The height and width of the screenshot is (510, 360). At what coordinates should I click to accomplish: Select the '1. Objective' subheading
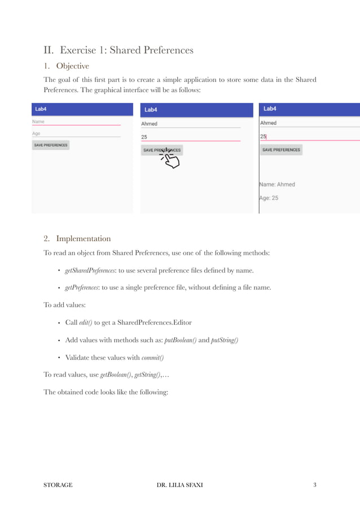point(66,66)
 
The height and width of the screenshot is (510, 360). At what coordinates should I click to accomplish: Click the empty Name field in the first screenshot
point(76,122)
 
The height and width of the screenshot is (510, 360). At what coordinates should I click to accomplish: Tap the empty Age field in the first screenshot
point(76,134)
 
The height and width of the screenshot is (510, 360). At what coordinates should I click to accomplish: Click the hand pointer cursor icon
point(170,159)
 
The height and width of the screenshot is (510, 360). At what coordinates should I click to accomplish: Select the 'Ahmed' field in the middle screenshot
point(190,124)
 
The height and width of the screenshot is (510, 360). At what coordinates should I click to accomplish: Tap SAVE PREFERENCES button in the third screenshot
point(281,150)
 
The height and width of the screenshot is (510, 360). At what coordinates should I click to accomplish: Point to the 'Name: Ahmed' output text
point(277,184)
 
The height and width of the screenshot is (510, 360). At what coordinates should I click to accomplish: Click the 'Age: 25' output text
point(269,198)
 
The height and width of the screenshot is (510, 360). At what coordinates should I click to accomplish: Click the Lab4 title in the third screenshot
point(270,108)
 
